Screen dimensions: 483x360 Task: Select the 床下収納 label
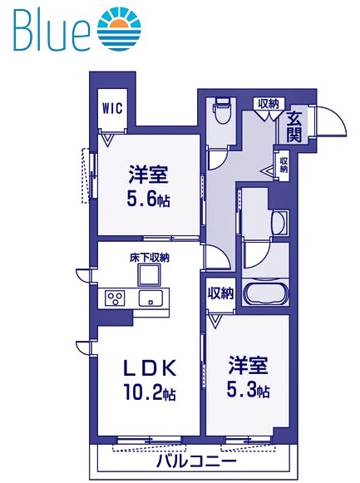(x=149, y=259)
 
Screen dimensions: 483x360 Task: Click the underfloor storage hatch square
(x=150, y=274)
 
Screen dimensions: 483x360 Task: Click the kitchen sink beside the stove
(x=151, y=298)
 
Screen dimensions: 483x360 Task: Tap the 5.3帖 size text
(x=249, y=391)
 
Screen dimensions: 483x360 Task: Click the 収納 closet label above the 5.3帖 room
(x=220, y=293)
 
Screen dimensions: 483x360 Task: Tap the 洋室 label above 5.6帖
(x=149, y=176)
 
